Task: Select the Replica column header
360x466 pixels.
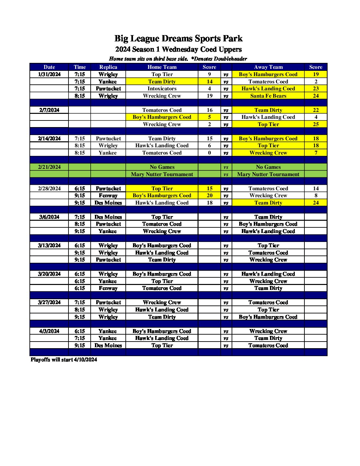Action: [108, 67]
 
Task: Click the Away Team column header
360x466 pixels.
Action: [268, 67]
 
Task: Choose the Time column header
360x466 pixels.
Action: [80, 67]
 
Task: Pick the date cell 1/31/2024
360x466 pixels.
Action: [49, 74]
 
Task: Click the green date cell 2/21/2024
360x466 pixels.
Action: [49, 167]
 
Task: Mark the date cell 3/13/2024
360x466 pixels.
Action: [49, 246]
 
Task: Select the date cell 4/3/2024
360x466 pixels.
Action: [49, 331]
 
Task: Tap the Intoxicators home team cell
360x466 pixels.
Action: [162, 89]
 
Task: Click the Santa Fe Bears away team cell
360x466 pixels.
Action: [268, 96]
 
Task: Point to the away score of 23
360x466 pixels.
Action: [316, 89]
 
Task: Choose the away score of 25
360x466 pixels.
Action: [316, 124]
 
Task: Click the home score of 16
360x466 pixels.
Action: [209, 110]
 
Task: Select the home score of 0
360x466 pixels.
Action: [209, 153]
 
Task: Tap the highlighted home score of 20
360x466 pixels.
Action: [209, 196]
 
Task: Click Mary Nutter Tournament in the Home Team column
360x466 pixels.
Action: [162, 174]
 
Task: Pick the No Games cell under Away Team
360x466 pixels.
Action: [268, 167]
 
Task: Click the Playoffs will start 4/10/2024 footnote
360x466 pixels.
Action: [64, 360]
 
